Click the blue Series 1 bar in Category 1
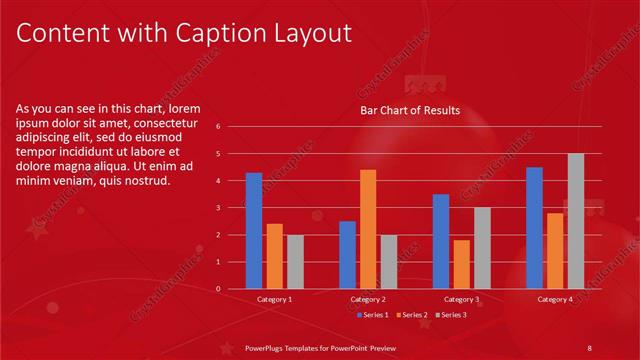(254, 231)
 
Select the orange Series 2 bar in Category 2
(368, 229)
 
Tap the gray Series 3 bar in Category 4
(576, 221)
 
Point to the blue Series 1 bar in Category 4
(534, 228)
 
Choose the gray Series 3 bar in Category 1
(295, 262)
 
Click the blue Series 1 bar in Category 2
(347, 255)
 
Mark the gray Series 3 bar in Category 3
(482, 248)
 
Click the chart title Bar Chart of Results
(410, 110)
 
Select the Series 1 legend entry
(374, 315)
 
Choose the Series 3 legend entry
(450, 315)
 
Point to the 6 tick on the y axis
(231, 127)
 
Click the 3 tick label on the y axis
(231, 208)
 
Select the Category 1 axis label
(275, 299)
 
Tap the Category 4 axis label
(555, 299)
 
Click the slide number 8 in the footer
(589, 346)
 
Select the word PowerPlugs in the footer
(267, 346)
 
